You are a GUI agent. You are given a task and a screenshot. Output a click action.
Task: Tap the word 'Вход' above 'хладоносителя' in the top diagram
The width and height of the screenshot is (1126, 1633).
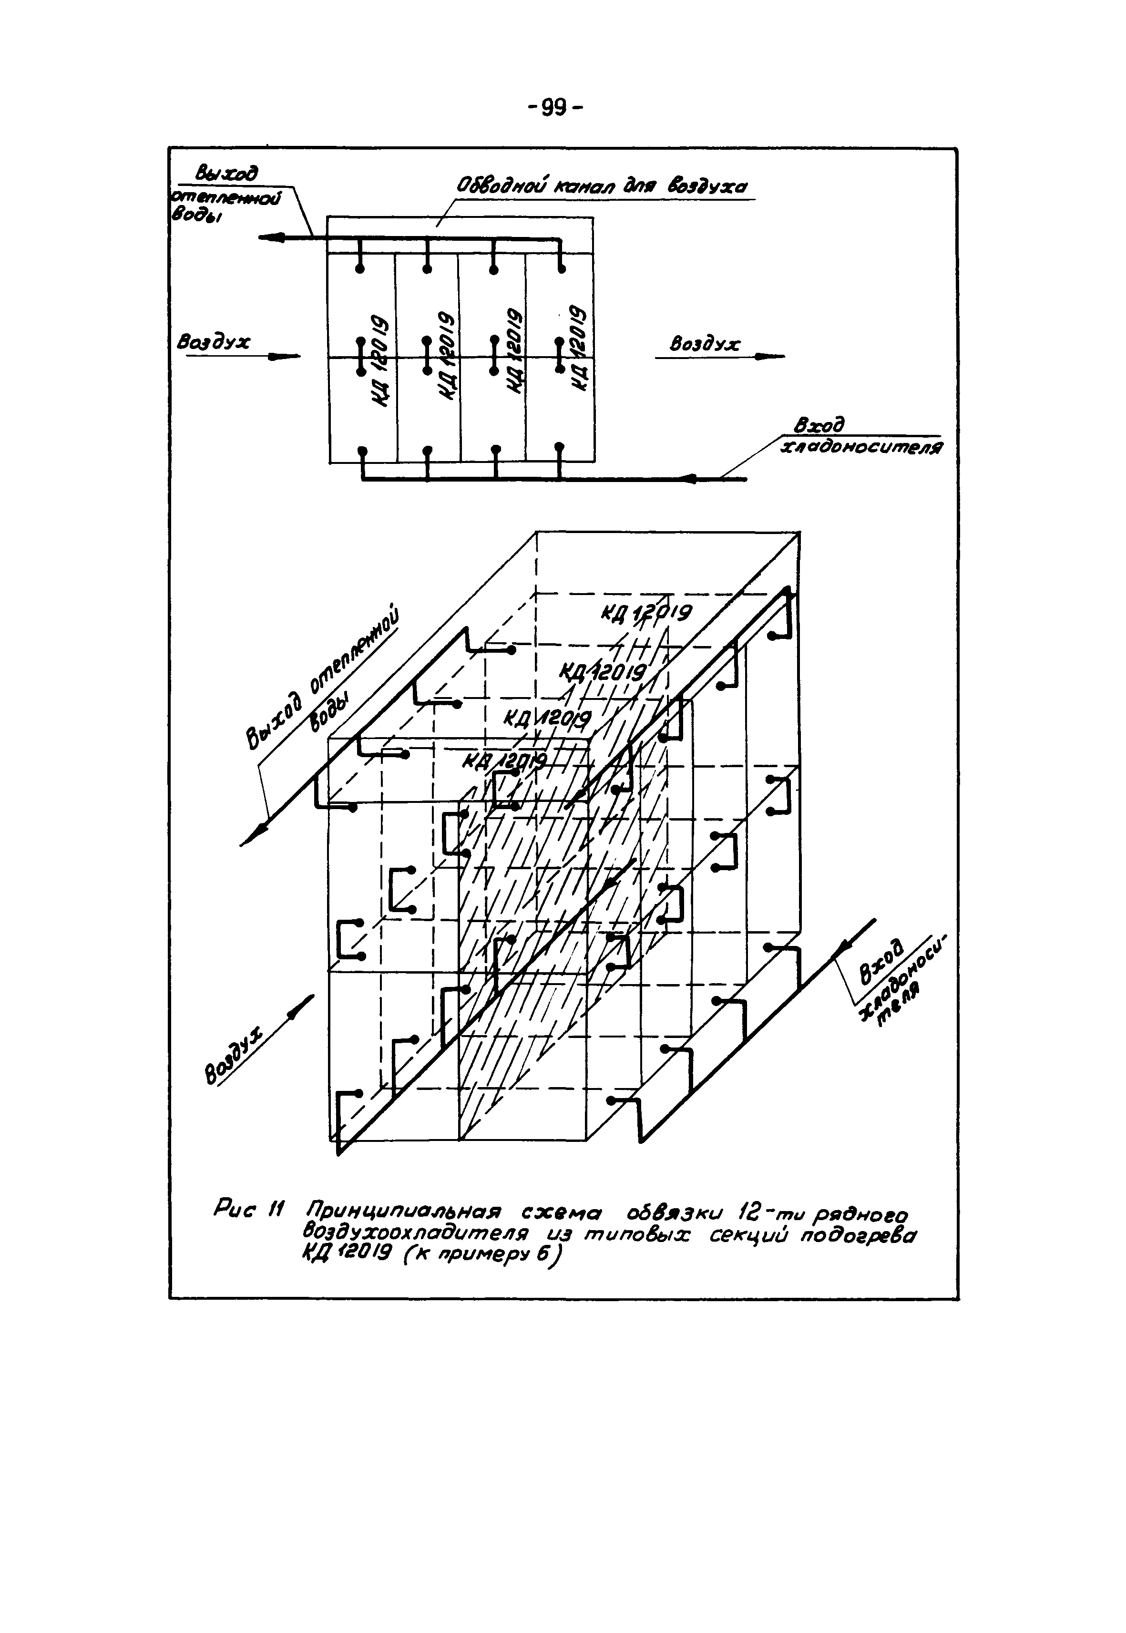tap(819, 425)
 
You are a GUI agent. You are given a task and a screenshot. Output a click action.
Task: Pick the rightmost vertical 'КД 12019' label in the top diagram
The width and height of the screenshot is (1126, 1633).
tap(579, 347)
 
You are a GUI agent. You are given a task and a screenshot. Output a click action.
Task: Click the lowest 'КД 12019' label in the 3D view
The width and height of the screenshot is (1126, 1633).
tap(505, 762)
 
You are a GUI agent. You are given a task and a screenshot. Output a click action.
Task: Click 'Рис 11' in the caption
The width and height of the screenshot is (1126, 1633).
tap(247, 1212)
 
